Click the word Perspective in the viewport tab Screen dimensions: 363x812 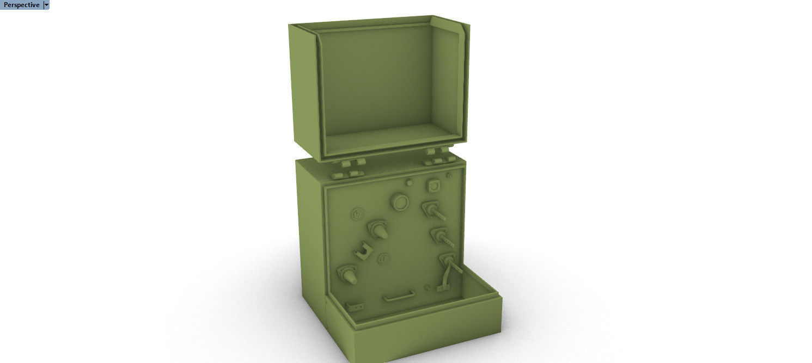(21, 5)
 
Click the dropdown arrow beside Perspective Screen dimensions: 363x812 (46, 5)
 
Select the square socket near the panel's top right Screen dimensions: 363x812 (434, 186)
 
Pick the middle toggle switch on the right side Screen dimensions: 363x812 (439, 236)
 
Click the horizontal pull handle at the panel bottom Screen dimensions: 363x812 (399, 297)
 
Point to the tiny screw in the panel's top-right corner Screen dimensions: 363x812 (449, 175)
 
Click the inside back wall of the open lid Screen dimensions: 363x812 (376, 82)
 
